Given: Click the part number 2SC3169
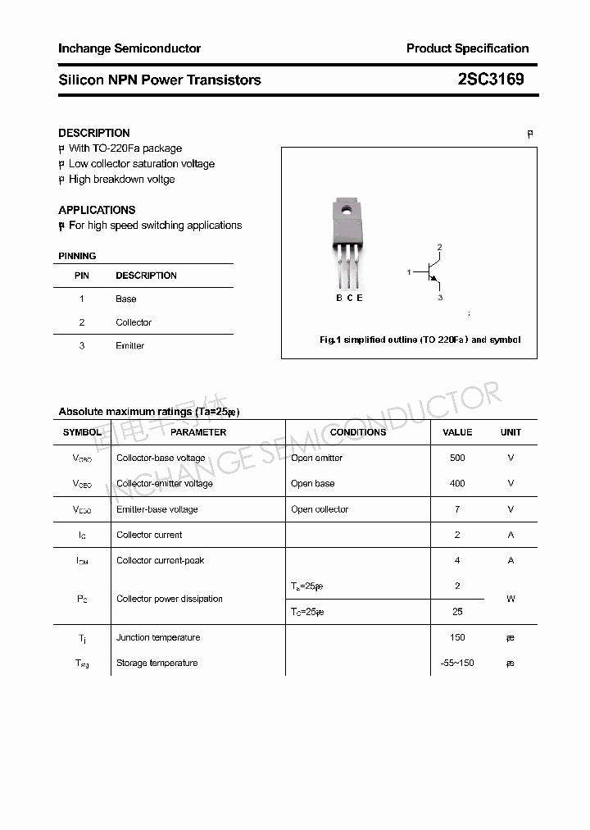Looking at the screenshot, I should click(490, 80).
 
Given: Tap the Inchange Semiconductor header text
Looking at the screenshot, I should click(129, 48).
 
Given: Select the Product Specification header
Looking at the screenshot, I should click(467, 48).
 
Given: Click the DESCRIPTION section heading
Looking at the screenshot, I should click(93, 133).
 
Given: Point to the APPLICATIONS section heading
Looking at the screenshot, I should click(97, 210).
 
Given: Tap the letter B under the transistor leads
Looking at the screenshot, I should click(339, 298).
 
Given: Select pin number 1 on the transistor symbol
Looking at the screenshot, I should click(409, 271).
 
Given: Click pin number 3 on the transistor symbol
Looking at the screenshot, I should click(440, 298).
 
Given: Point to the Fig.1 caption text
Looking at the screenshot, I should click(420, 340).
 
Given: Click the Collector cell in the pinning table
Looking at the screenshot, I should click(134, 322).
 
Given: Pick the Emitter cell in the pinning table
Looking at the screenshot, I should click(129, 345).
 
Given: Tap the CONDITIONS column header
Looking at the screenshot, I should click(358, 432).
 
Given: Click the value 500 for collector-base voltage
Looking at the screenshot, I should click(457, 458).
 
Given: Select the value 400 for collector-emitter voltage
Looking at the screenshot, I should click(457, 483).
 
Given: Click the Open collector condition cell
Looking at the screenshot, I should click(320, 509).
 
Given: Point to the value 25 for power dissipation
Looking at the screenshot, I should click(457, 612).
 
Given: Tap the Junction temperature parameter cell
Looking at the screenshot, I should click(158, 637).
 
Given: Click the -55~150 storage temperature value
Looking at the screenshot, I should click(457, 663).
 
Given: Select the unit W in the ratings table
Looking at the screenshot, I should click(511, 599).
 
